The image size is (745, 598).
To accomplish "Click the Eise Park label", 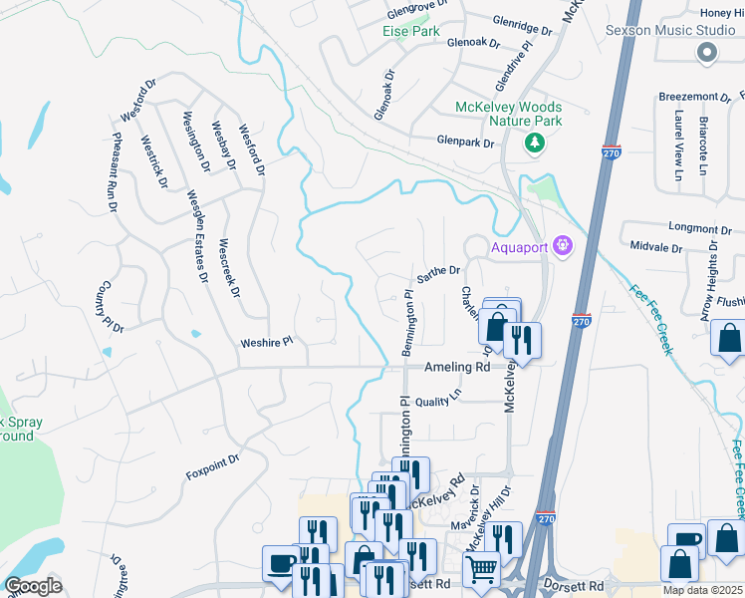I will pyautogui.click(x=411, y=31).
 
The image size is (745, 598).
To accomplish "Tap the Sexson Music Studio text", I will pyautogui.click(x=670, y=30).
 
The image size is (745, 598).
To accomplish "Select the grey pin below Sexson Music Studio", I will pyautogui.click(x=708, y=56).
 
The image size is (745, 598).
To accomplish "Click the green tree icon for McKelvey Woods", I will pyautogui.click(x=536, y=144).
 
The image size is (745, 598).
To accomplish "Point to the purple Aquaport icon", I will pyautogui.click(x=564, y=244).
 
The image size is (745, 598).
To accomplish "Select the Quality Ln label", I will pyautogui.click(x=439, y=396).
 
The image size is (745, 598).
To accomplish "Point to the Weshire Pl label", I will pyautogui.click(x=267, y=343).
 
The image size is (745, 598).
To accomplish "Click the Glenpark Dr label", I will pyautogui.click(x=466, y=143).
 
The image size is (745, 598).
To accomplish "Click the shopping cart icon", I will pyautogui.click(x=481, y=570).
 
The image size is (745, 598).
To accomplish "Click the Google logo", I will pyautogui.click(x=33, y=586).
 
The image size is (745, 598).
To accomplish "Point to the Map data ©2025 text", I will pyautogui.click(x=703, y=590).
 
